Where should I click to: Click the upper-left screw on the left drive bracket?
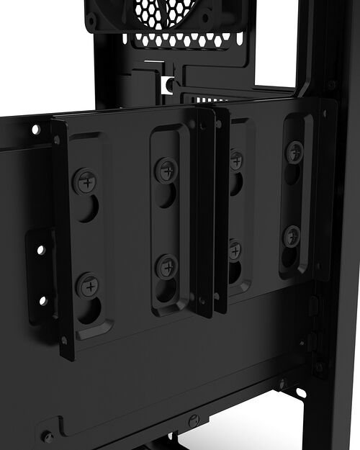tap(86, 180)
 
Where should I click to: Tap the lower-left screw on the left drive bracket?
tap(89, 286)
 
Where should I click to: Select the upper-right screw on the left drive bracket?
tap(166, 170)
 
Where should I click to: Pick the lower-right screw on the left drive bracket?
tap(167, 266)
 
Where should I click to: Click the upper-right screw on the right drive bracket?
tap(294, 151)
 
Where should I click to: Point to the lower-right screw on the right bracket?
tap(291, 235)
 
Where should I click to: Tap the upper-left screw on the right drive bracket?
tap(235, 160)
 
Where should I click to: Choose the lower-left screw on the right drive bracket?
tap(235, 249)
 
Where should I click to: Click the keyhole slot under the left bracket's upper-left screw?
tap(88, 209)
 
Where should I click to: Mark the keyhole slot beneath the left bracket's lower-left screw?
tap(91, 311)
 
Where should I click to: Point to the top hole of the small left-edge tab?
tap(41, 250)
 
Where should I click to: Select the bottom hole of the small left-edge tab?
tap(42, 300)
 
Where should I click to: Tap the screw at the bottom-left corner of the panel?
tap(48, 436)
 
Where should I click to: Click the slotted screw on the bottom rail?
tap(193, 420)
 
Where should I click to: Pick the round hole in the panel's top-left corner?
tap(35, 130)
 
